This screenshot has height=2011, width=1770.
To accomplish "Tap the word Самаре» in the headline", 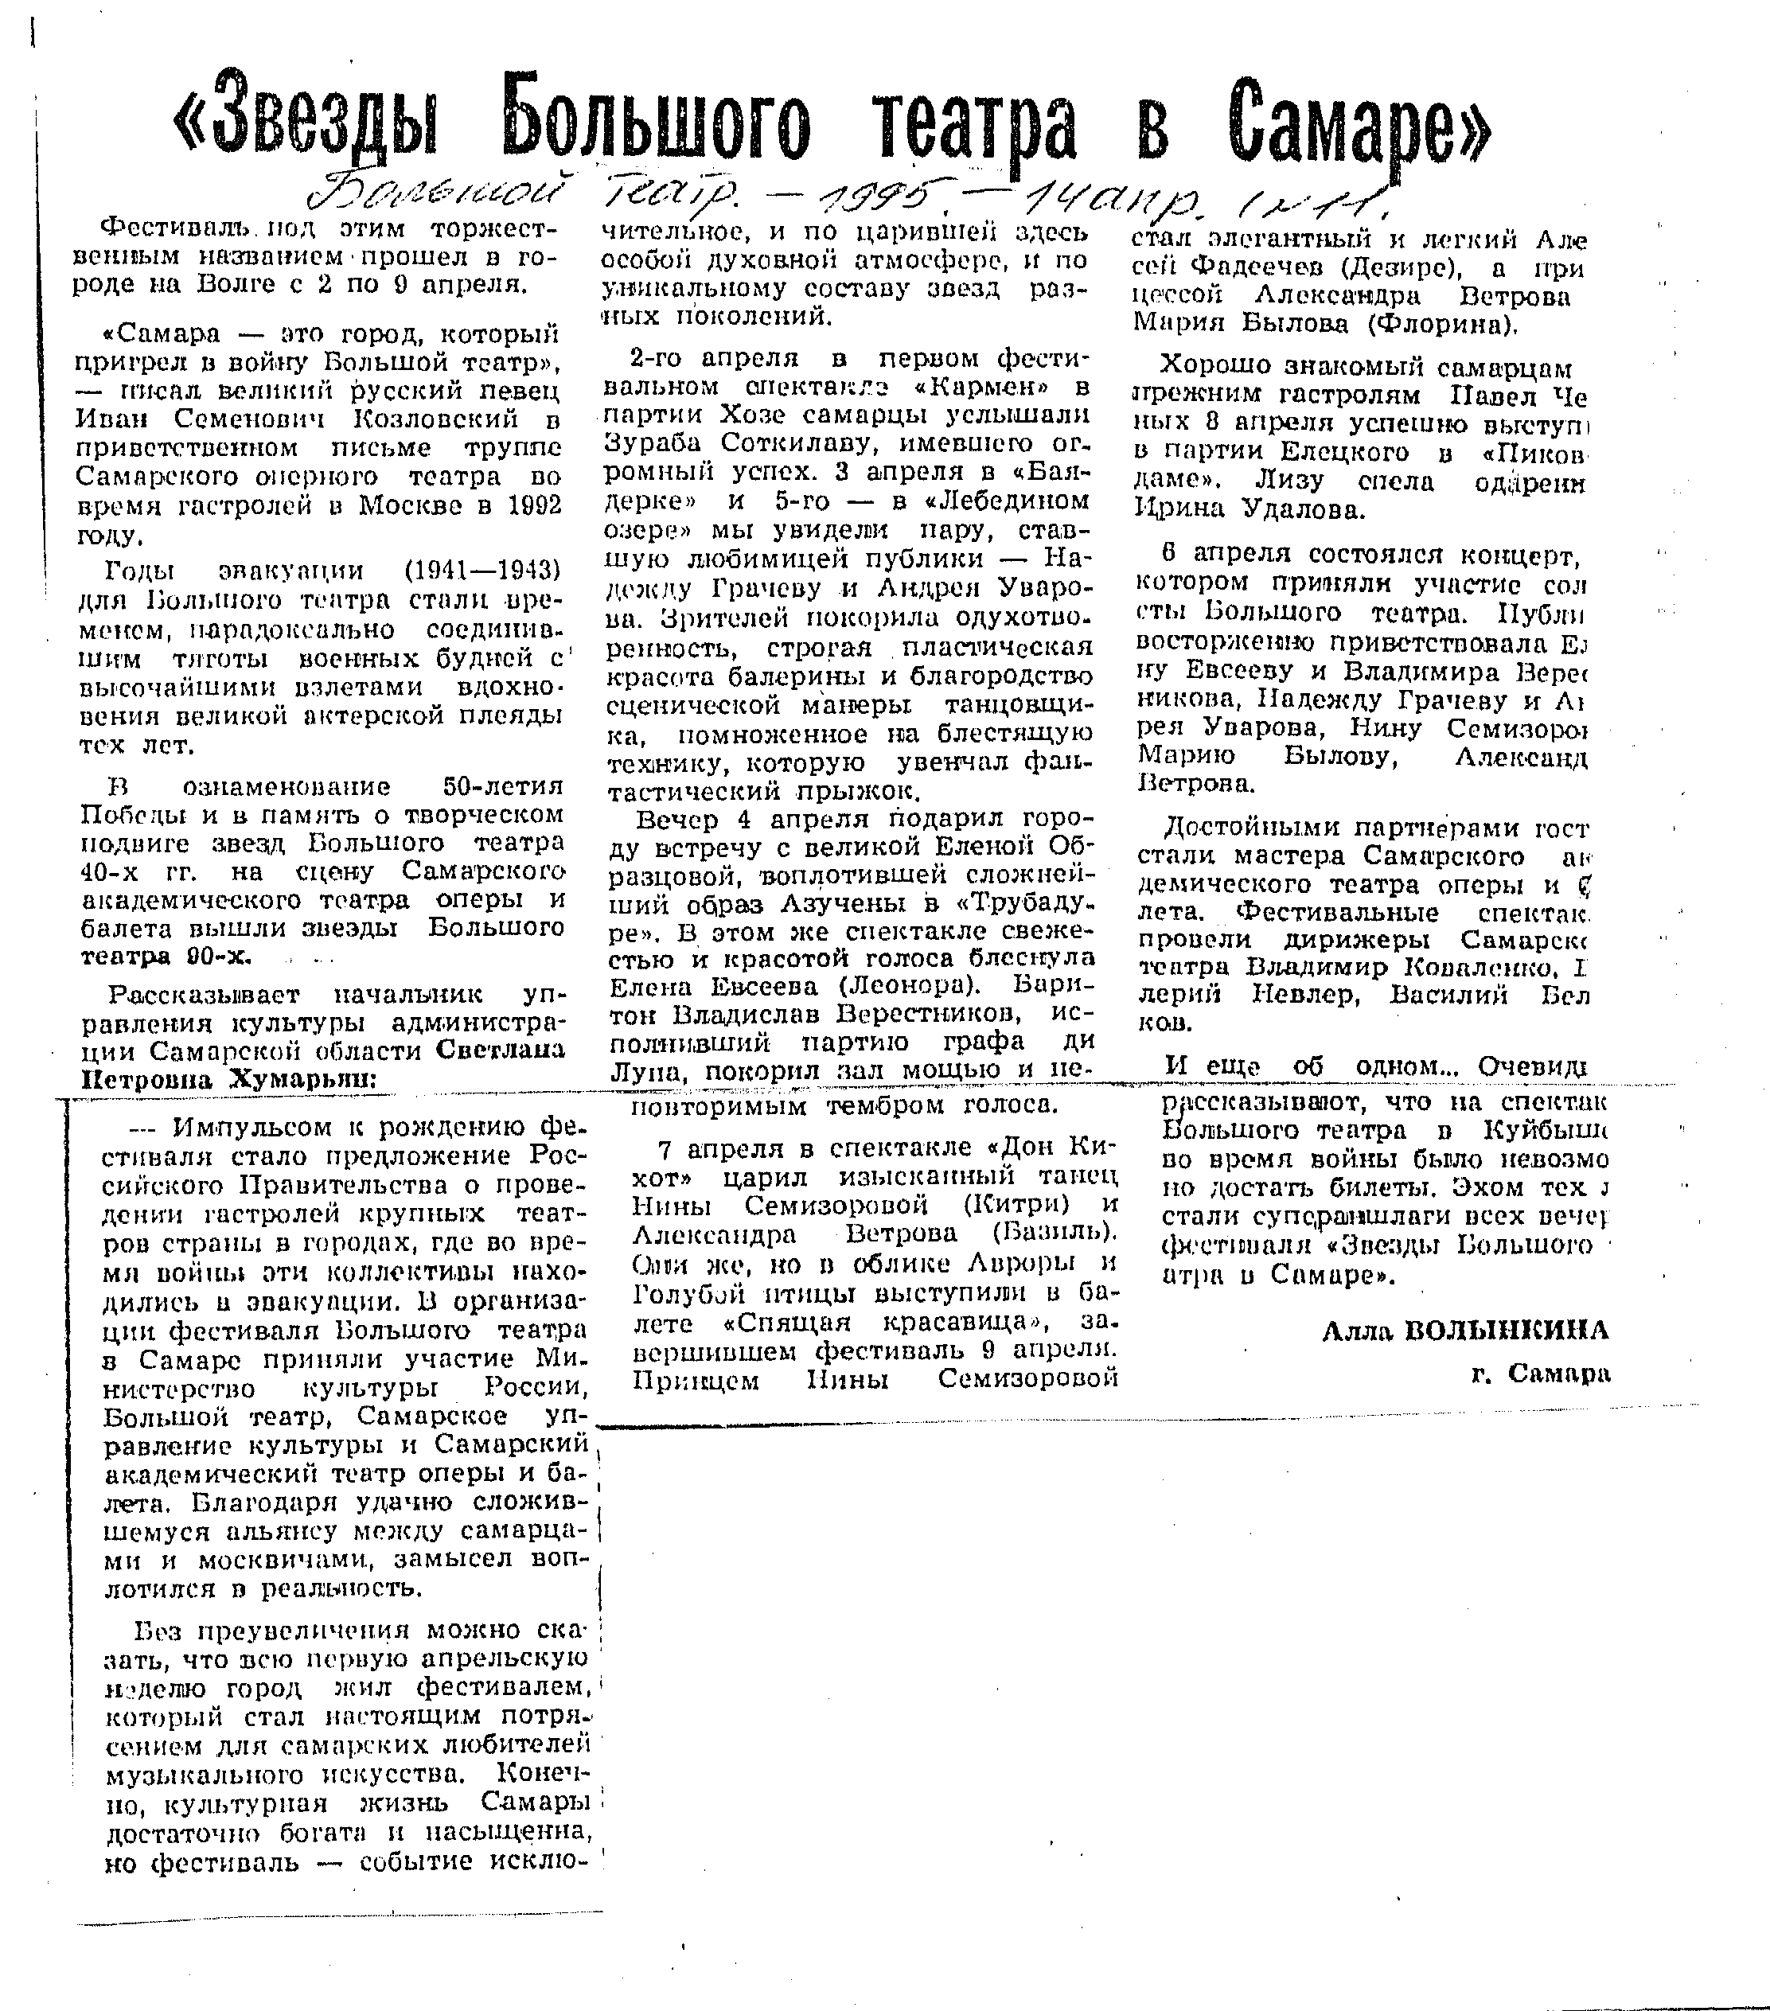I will (1362, 121).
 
